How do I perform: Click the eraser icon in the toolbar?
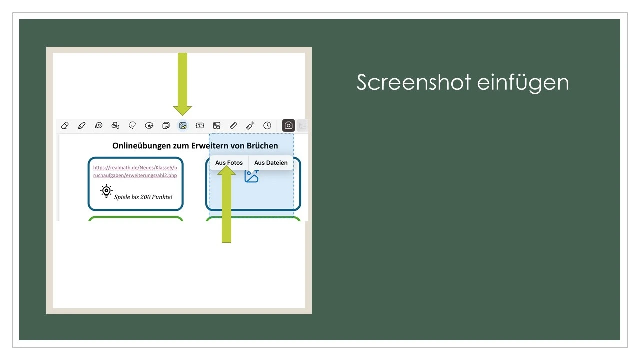[x=64, y=126]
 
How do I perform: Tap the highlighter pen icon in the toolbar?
[x=82, y=126]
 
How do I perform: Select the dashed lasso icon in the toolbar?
[x=132, y=126]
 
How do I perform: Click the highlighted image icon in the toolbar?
[x=183, y=126]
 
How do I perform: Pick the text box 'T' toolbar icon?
[x=200, y=126]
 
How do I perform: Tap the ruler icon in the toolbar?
[x=233, y=126]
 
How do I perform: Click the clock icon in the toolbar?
[x=267, y=126]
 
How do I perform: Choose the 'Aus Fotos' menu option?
[x=229, y=163]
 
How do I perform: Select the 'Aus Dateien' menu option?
[x=271, y=163]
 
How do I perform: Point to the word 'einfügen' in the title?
[x=523, y=82]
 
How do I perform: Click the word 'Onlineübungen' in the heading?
[x=143, y=146]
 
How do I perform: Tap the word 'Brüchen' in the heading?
[x=260, y=146]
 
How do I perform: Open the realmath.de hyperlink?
[x=135, y=171]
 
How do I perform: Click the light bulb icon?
[x=106, y=191]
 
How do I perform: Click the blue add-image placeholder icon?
[x=251, y=176]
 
